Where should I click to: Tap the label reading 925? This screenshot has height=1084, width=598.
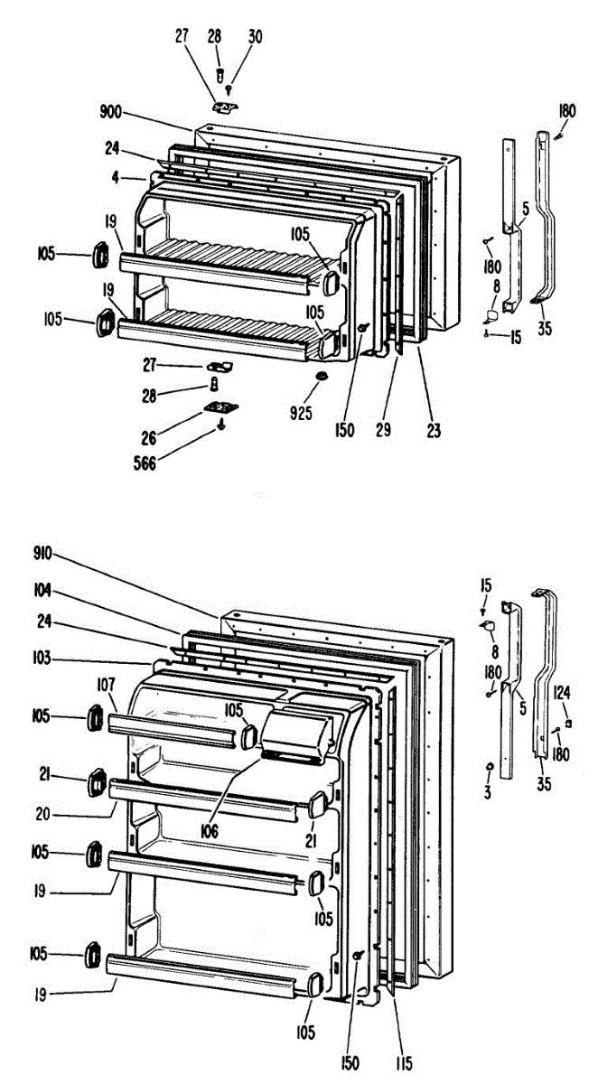coord(302,414)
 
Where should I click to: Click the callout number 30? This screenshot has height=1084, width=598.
coord(256,37)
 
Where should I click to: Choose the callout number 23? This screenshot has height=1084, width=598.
coord(434,432)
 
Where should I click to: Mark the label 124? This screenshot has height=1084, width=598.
coord(564,693)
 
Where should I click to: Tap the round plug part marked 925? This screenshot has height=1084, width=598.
coord(321,375)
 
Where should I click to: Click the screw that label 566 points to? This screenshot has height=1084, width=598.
coord(220,425)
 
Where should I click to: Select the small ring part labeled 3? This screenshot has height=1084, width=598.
coord(489,766)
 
